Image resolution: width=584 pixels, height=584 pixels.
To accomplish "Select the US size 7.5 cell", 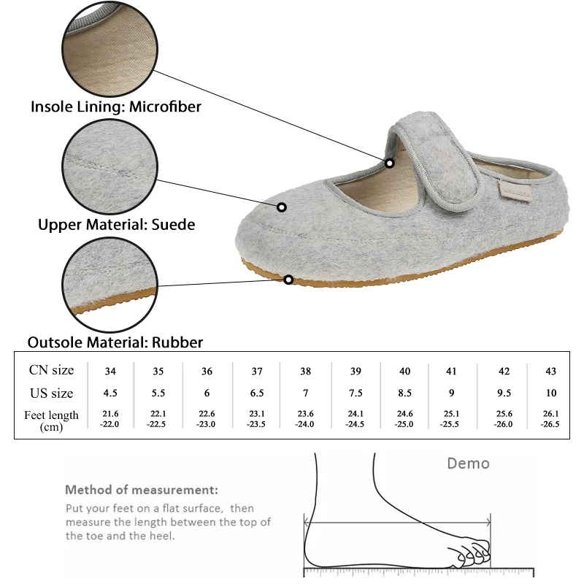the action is (x=356, y=393).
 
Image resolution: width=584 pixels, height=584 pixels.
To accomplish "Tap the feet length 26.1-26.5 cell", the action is (x=551, y=419).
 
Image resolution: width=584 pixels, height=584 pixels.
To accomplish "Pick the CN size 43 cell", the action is (x=551, y=371).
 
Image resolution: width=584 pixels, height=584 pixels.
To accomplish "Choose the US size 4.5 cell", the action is (x=110, y=393).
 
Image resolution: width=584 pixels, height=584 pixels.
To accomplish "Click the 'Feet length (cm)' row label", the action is (x=51, y=420).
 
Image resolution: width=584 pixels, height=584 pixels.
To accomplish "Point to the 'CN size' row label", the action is (x=51, y=370).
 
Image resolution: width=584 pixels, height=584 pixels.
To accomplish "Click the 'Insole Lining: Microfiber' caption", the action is (x=115, y=107).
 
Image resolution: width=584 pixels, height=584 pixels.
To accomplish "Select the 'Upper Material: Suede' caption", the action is (x=117, y=225).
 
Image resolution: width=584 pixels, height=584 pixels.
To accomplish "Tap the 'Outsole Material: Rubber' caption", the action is (x=115, y=342).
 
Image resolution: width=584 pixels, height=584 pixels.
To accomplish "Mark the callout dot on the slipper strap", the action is (x=391, y=163).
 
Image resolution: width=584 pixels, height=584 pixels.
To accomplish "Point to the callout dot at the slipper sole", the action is (x=289, y=280).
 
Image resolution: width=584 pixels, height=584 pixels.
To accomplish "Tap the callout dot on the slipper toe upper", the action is (x=281, y=207).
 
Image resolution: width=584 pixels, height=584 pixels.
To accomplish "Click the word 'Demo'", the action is (x=468, y=464).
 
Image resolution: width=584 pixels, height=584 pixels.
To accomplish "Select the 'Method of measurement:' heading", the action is (x=142, y=490).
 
